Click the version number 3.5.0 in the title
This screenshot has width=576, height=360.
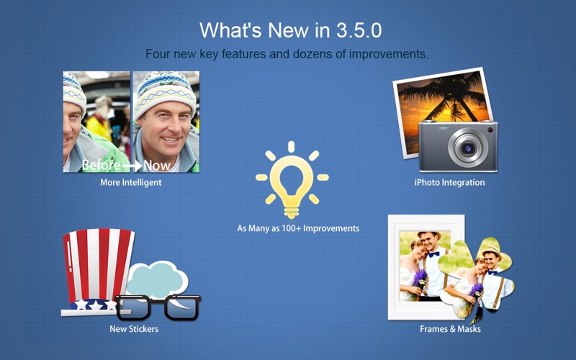point(359,30)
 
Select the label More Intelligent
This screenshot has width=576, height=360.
point(131,183)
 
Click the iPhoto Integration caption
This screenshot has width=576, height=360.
point(449,183)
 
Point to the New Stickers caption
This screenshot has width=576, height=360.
point(134,329)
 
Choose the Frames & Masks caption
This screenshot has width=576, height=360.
point(451,329)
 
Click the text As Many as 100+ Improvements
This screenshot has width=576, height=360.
point(298,228)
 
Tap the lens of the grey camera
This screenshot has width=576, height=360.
point(467,148)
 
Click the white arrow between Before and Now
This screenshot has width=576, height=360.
point(132,166)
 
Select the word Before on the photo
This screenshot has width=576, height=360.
point(101,166)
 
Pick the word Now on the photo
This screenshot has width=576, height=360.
point(157,166)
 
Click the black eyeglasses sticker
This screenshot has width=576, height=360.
point(158,307)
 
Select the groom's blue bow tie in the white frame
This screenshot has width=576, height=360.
point(434,254)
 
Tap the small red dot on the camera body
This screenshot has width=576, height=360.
point(490,130)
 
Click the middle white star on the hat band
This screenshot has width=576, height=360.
point(96,305)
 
